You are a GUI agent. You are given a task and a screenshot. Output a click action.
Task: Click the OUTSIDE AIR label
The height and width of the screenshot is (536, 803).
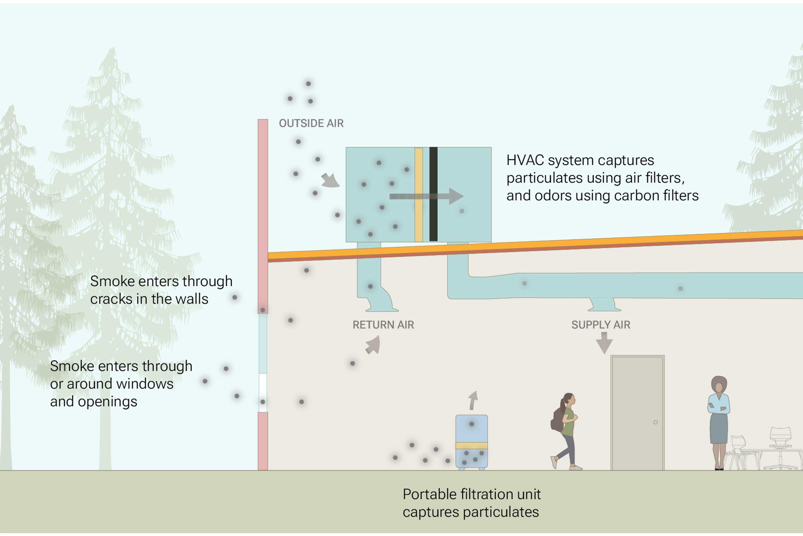(x=311, y=123)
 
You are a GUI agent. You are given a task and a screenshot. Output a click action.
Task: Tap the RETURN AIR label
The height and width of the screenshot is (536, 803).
(x=383, y=325)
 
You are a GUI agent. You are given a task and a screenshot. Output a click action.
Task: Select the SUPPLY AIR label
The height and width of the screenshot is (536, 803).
(x=600, y=325)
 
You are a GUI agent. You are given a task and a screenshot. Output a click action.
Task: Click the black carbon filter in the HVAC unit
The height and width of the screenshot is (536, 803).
(x=433, y=194)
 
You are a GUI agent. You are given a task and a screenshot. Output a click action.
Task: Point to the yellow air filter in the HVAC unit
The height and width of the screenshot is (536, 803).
(x=419, y=194)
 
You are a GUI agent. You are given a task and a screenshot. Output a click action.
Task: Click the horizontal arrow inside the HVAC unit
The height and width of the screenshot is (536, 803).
(x=426, y=196)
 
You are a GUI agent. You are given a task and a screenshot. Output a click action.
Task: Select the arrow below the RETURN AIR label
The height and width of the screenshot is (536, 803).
(x=373, y=345)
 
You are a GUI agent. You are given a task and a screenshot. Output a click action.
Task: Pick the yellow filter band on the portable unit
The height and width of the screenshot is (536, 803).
(x=472, y=445)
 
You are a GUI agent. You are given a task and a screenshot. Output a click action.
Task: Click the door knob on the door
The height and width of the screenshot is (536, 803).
(x=656, y=422)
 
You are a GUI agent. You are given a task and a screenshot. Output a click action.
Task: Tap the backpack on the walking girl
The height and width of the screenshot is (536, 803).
(x=557, y=420)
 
